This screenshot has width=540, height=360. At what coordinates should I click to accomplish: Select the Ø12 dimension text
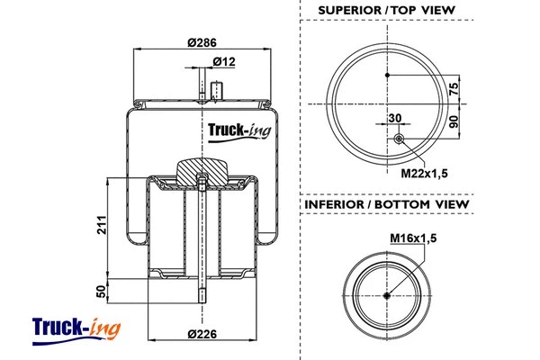pos(224,61)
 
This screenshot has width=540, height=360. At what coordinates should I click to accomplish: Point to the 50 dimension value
pos(101,290)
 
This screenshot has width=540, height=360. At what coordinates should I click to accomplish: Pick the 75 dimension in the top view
pos(454,87)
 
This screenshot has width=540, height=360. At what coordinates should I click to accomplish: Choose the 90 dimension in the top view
pos(454,121)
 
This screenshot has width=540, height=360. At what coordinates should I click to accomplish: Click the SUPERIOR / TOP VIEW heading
pos(387,11)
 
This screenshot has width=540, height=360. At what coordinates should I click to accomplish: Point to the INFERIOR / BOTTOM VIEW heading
pos(387,205)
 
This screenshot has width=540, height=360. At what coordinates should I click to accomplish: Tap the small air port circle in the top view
pos(399,139)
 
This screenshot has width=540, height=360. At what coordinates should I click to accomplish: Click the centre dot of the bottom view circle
pos(387,296)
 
